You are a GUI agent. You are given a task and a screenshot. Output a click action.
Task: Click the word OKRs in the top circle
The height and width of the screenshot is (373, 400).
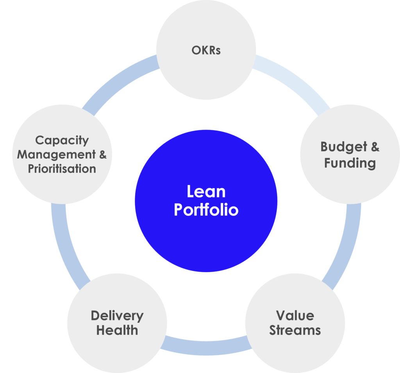point(206,50)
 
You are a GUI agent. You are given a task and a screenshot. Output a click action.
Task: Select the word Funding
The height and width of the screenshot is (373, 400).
point(350,163)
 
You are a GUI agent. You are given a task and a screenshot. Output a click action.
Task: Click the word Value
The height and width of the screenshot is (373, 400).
point(295,315)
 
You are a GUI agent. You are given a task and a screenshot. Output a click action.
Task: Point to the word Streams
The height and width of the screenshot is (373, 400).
point(295,331)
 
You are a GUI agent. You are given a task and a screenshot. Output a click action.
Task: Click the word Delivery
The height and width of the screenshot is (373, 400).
point(117,315)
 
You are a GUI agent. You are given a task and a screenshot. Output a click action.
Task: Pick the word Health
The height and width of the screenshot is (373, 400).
point(117,331)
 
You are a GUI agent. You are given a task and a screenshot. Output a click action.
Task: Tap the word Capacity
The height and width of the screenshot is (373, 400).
point(62,140)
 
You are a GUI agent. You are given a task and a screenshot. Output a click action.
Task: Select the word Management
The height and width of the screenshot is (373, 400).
point(56,154)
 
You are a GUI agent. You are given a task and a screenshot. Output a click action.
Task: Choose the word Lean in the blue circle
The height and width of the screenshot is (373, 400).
point(206,192)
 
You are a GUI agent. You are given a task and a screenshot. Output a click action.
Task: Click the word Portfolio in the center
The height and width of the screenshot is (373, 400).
point(206,210)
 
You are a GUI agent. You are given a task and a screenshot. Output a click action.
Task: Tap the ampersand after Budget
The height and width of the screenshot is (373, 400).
point(375,147)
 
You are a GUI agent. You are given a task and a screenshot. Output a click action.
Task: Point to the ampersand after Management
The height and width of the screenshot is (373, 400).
point(102,154)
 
